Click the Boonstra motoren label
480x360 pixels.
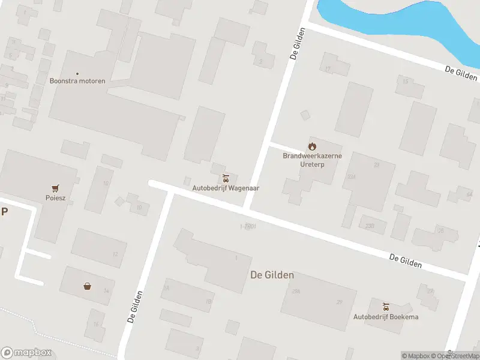point(77,81)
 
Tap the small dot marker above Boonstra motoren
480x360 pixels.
point(77,73)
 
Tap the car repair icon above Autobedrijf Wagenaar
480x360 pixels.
point(226,178)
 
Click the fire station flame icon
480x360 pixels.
point(312,146)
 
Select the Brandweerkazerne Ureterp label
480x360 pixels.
point(312,160)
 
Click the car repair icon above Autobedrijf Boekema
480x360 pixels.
point(385,306)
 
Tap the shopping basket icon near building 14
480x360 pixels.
point(88,286)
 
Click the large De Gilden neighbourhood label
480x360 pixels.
point(272,275)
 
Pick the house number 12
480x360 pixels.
point(115,254)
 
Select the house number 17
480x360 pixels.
point(328,69)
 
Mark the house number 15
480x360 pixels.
point(406,81)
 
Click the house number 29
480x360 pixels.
point(339,302)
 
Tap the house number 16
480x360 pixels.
point(95,324)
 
